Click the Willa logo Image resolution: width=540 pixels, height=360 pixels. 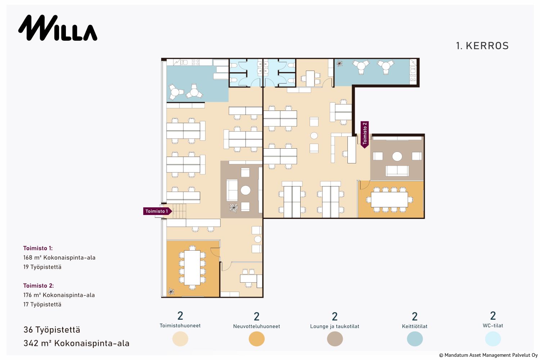[x=58, y=28]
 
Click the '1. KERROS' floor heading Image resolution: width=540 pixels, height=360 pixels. [x=482, y=46]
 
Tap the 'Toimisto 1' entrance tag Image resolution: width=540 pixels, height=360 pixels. [x=157, y=211]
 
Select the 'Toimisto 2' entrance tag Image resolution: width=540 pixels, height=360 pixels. [x=364, y=135]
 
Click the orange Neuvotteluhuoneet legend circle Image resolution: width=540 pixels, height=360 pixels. [x=256, y=339]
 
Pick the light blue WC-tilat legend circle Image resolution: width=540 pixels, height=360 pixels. [x=493, y=339]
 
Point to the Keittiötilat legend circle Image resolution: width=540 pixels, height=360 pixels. [x=415, y=339]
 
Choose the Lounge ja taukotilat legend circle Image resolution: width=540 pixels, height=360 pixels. [x=335, y=339]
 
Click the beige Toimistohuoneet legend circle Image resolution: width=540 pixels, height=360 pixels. [x=180, y=339]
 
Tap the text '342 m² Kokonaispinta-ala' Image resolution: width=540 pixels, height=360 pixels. [x=76, y=343]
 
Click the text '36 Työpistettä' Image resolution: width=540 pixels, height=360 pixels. [x=52, y=330]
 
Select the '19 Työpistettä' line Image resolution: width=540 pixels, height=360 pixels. [x=42, y=267]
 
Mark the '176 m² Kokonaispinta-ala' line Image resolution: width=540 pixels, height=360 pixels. [x=59, y=295]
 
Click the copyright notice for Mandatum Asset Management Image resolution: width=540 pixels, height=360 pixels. [x=489, y=355]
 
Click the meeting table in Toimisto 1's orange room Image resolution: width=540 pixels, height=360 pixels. [x=192, y=267]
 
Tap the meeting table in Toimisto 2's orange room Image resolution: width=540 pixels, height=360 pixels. [x=389, y=199]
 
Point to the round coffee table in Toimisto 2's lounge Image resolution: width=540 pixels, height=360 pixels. [x=397, y=157]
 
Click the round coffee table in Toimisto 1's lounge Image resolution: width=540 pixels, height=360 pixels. [x=246, y=190]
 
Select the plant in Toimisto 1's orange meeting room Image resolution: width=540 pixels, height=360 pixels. [x=171, y=292]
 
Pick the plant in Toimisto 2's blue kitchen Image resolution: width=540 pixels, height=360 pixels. [x=339, y=64]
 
